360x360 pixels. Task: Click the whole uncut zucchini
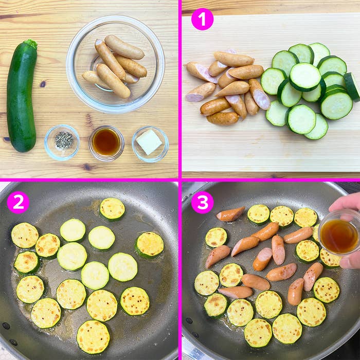(22, 97)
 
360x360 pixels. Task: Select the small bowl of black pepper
(62, 142)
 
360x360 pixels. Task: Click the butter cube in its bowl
(149, 141)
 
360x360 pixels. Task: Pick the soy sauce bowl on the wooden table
(106, 143)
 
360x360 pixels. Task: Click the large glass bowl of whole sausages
(116, 64)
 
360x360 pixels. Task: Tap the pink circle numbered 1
(202, 20)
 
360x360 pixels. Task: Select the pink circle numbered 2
(18, 203)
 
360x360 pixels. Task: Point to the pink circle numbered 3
(202, 203)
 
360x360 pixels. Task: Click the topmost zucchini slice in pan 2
(112, 209)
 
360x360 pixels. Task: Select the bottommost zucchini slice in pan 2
(93, 337)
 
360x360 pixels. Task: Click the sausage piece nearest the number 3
(230, 214)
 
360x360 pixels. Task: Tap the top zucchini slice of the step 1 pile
(305, 77)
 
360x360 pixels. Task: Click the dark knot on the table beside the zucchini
(43, 84)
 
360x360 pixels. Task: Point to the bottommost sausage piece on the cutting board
(223, 118)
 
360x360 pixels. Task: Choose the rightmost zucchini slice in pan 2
(150, 244)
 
